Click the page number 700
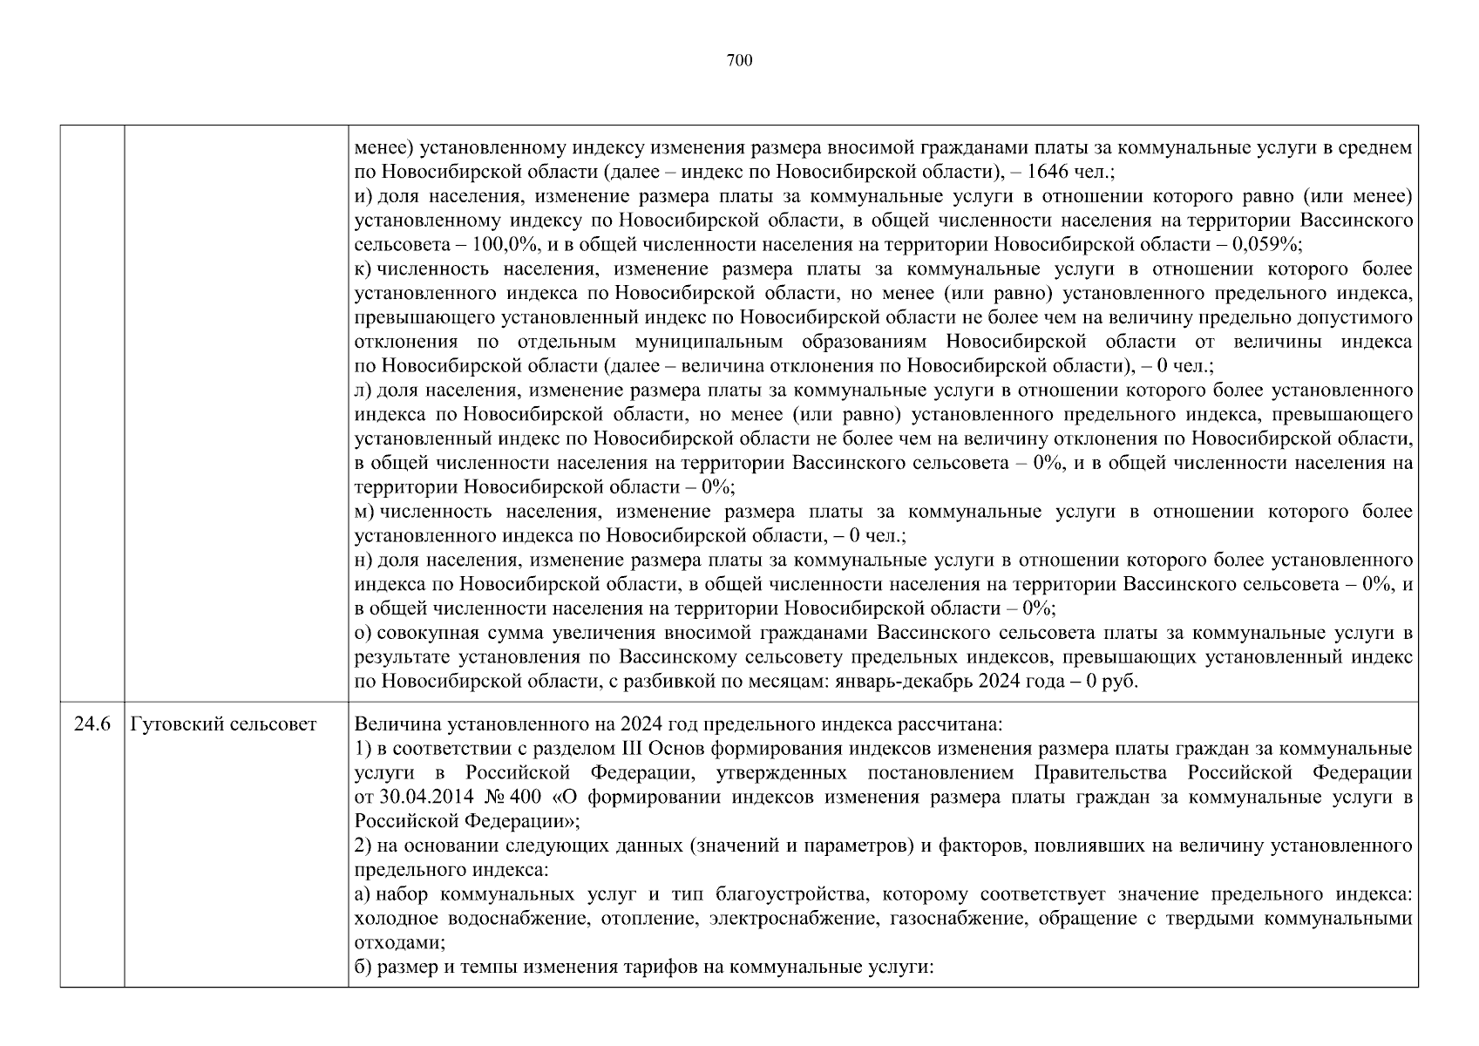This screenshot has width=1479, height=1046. (739, 60)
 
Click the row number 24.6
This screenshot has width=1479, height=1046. (92, 724)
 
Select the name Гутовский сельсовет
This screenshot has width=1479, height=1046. (223, 724)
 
